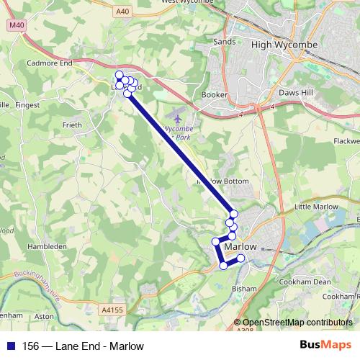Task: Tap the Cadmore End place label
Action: [x=51, y=63]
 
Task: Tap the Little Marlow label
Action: [x=316, y=207]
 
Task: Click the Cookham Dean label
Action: [x=305, y=282]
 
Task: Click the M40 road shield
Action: [x=17, y=25]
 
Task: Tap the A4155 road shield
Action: [x=113, y=310]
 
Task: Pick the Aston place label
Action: [x=45, y=316]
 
